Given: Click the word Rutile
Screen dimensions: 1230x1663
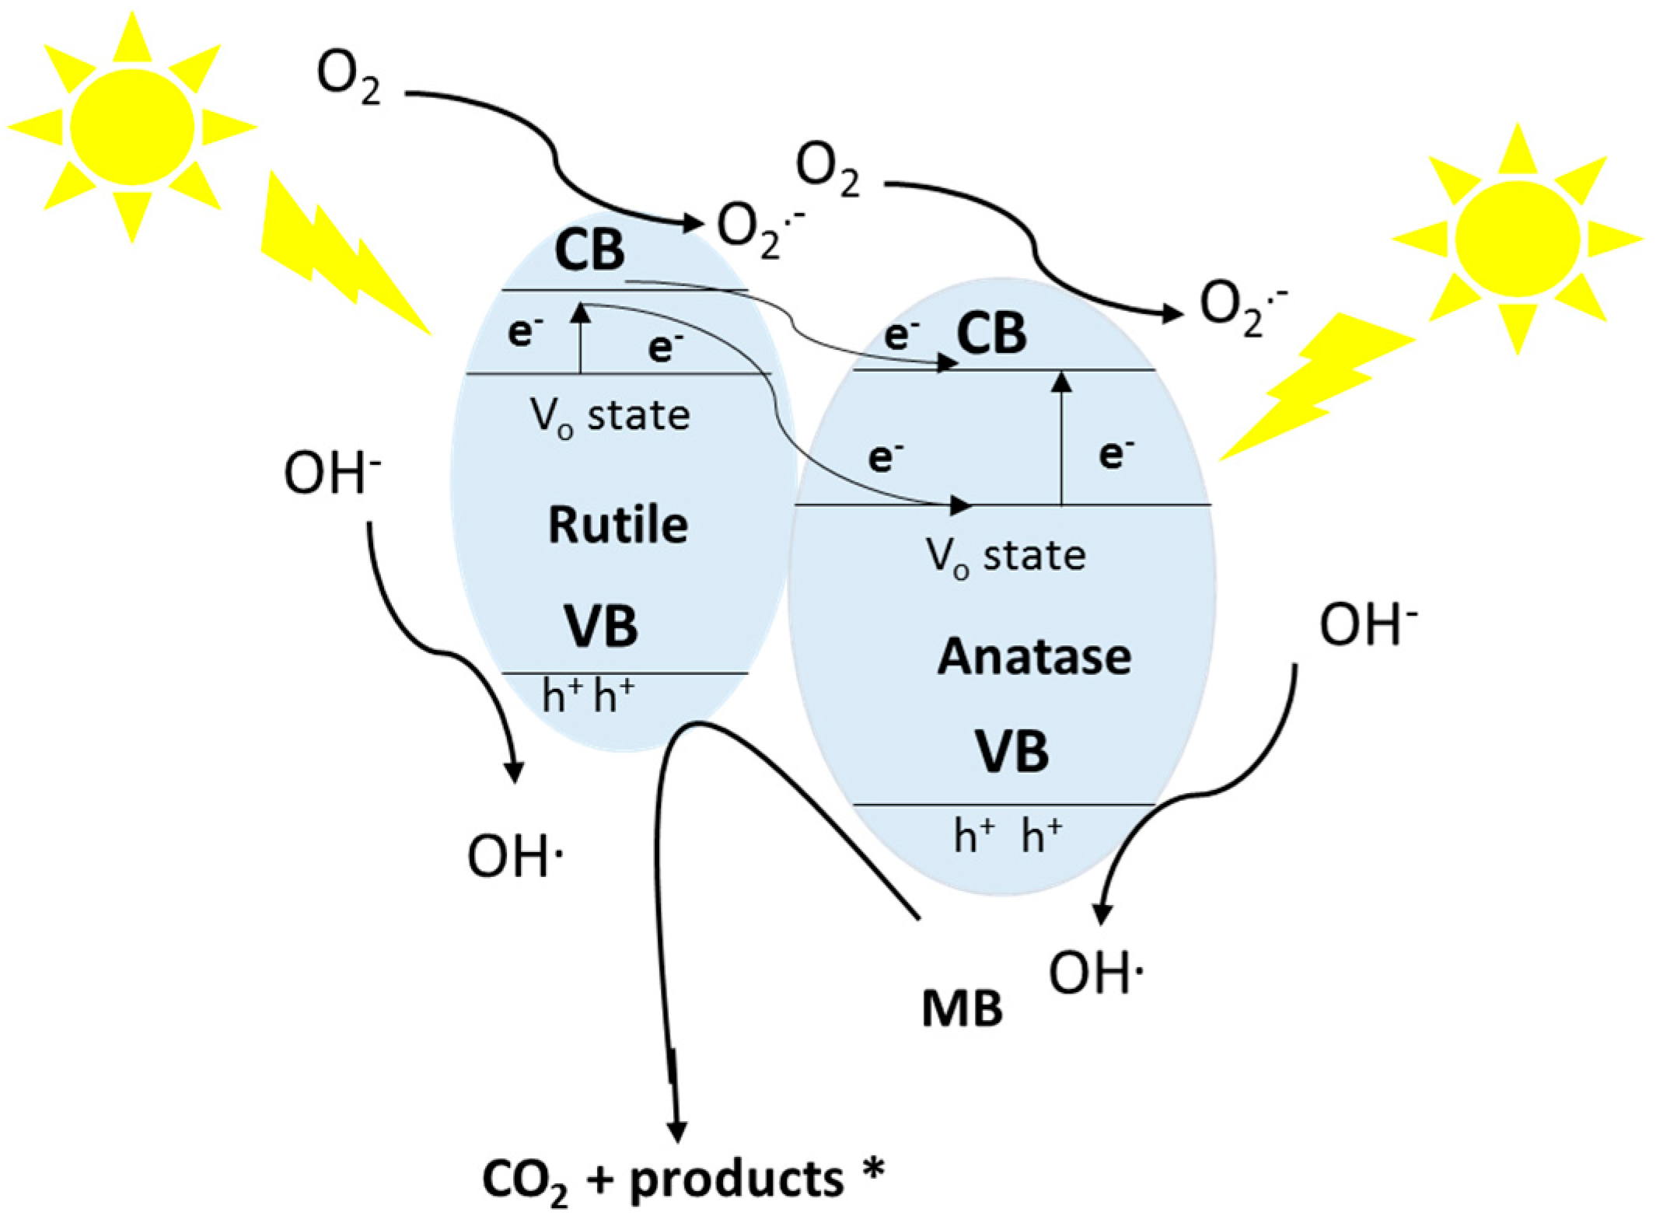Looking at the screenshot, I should tap(618, 525).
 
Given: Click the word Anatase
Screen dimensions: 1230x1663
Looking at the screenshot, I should tap(1034, 657).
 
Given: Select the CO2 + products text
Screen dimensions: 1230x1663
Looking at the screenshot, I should tap(682, 1179).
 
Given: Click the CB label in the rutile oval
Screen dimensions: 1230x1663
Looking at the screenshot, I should tap(589, 250).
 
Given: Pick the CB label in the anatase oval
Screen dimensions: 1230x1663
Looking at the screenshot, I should tap(991, 334).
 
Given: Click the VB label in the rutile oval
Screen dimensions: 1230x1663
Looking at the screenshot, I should tap(600, 627).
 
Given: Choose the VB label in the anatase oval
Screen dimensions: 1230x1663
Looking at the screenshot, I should tap(1011, 752).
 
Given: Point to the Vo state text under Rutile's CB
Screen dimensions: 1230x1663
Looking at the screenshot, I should tap(610, 416).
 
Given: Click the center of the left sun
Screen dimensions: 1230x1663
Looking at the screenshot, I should tap(131, 125).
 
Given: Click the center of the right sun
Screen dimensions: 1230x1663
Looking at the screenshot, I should tap(1517, 239).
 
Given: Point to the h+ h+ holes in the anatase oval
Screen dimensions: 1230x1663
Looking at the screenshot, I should tap(1008, 837).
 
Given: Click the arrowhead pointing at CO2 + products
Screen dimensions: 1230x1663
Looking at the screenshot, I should tap(677, 1131).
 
